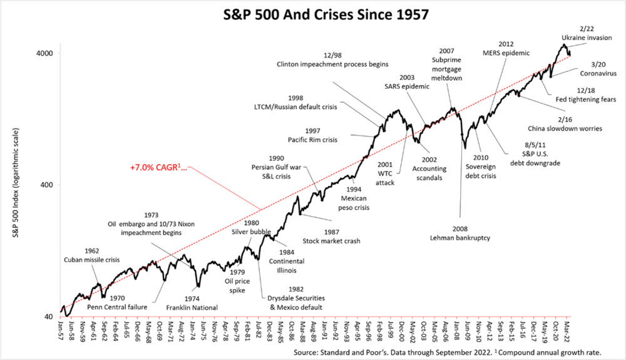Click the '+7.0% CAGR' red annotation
[158, 168]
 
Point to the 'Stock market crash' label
[331, 240]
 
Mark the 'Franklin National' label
[192, 307]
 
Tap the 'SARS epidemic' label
[407, 86]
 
